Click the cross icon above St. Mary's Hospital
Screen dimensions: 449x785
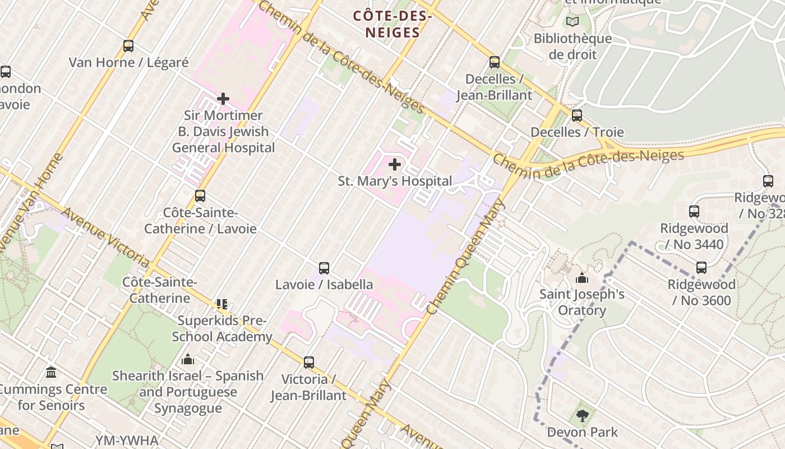click(x=395, y=164)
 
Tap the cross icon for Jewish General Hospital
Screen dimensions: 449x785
click(x=223, y=99)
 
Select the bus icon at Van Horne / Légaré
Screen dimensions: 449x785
click(x=128, y=46)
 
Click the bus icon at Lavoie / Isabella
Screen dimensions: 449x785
click(x=324, y=268)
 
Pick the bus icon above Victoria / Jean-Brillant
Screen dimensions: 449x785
click(x=309, y=363)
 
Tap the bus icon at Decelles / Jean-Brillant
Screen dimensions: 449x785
click(x=494, y=62)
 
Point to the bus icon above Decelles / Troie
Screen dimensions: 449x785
click(x=577, y=116)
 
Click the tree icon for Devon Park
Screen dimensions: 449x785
click(x=582, y=416)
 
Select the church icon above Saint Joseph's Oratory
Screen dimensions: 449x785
click(x=582, y=278)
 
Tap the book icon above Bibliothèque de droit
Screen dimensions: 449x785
click(x=572, y=22)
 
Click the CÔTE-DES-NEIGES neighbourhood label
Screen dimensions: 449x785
click(x=392, y=25)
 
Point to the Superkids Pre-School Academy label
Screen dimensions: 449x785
click(x=222, y=329)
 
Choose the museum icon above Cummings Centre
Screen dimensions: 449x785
click(x=52, y=372)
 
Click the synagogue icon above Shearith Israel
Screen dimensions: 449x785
click(x=188, y=359)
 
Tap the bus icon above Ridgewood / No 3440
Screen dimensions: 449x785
click(x=694, y=212)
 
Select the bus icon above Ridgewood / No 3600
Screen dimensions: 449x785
click(x=701, y=268)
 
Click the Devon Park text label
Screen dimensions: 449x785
click(x=582, y=432)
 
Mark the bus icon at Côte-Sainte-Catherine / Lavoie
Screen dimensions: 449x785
click(x=200, y=196)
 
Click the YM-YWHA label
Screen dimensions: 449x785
click(x=127, y=441)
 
